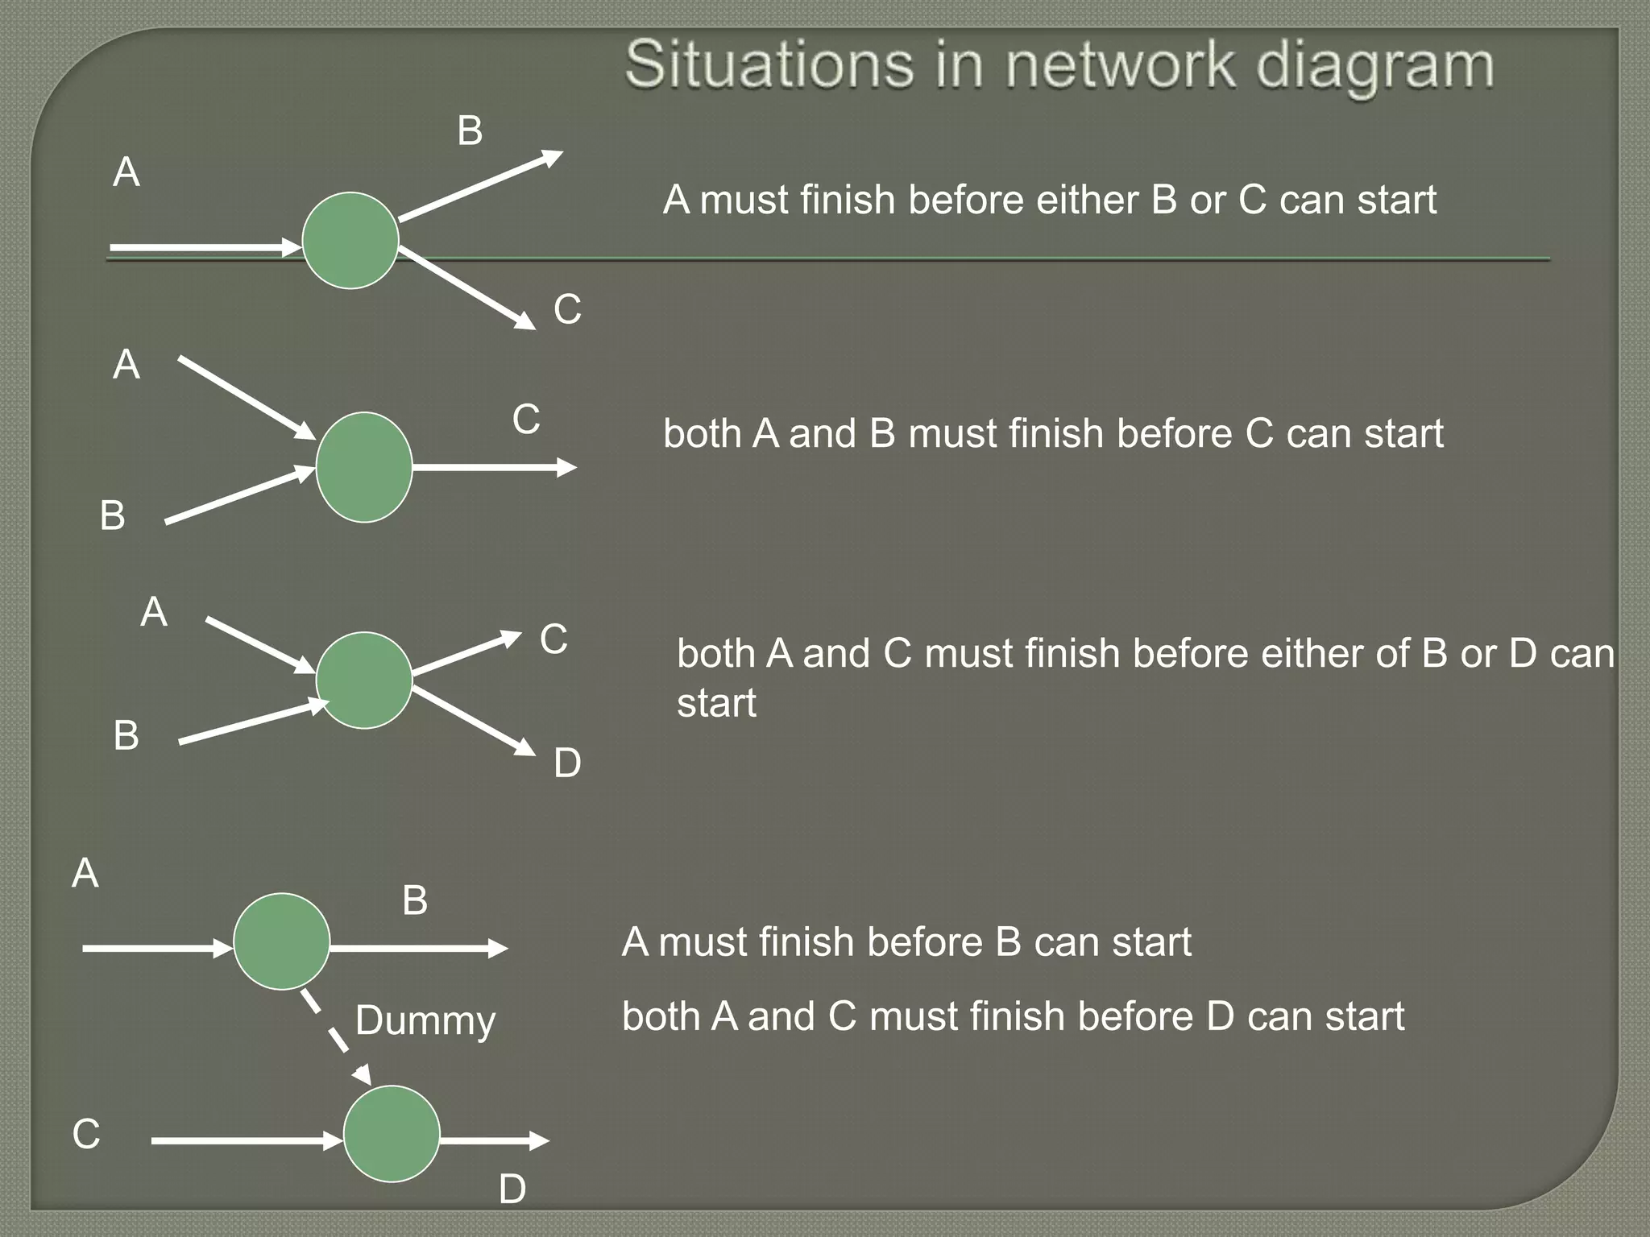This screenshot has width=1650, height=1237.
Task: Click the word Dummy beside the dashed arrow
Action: [x=425, y=1021]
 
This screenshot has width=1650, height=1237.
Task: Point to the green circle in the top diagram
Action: [x=350, y=240]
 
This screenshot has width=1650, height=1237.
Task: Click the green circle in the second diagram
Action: [x=364, y=467]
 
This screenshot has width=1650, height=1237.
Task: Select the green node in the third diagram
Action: [x=364, y=681]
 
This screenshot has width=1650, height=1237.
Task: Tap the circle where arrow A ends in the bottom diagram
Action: [x=281, y=941]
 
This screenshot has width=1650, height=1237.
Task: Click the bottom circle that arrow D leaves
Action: [x=392, y=1134]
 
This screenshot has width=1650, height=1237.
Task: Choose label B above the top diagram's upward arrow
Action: [x=470, y=131]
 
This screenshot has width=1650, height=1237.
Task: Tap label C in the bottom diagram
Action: [x=86, y=1134]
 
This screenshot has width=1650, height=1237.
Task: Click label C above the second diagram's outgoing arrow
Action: [x=526, y=420]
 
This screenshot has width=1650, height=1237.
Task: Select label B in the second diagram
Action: [x=113, y=516]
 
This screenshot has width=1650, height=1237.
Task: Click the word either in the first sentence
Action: [x=1087, y=200]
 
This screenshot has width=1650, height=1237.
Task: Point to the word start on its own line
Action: [x=716, y=703]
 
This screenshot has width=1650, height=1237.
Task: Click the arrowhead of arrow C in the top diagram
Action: [x=526, y=321]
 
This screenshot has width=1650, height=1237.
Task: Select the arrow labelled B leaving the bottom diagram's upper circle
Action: [x=419, y=949]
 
